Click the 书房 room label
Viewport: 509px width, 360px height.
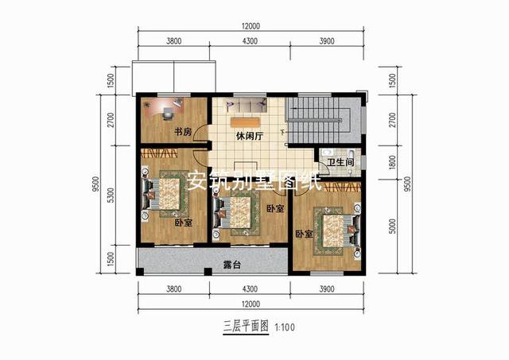click(x=182, y=132)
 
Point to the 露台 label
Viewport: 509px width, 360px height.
click(x=231, y=262)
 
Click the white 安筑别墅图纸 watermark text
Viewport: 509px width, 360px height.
click(x=253, y=182)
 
